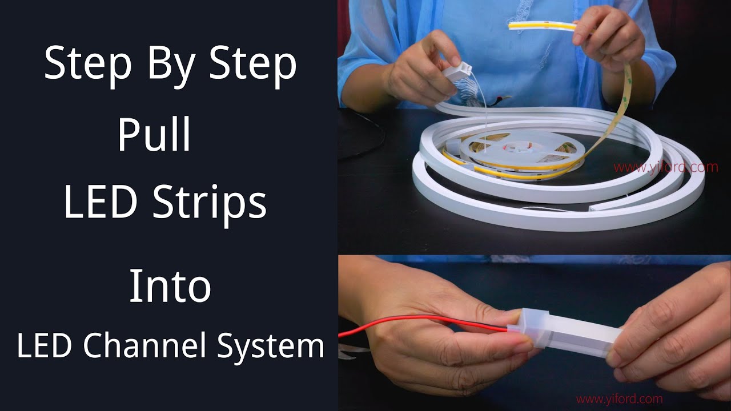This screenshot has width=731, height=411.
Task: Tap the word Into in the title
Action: pyautogui.click(x=170, y=287)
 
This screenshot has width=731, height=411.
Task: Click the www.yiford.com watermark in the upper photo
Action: pyautogui.click(x=666, y=167)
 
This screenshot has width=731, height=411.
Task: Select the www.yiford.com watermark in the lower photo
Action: pyautogui.click(x=619, y=399)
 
